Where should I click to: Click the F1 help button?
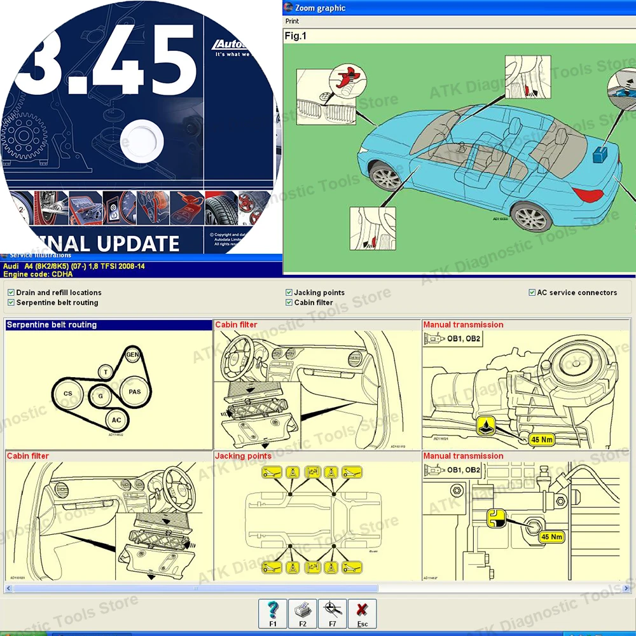click(273, 614)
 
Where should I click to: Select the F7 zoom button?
click(332, 614)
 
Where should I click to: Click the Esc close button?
click(362, 614)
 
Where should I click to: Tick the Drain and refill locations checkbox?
click(11, 293)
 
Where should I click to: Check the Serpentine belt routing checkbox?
click(11, 303)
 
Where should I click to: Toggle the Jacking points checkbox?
click(289, 293)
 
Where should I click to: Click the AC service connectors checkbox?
click(532, 293)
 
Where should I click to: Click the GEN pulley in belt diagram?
click(132, 354)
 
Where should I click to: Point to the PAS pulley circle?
click(134, 392)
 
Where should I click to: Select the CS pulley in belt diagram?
click(68, 394)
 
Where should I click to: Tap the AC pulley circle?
click(116, 420)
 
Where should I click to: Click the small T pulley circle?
click(106, 372)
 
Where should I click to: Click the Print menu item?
click(292, 21)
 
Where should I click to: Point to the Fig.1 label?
click(295, 36)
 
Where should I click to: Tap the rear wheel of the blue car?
click(530, 216)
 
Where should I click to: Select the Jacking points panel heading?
click(243, 456)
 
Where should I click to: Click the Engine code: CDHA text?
click(38, 275)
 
